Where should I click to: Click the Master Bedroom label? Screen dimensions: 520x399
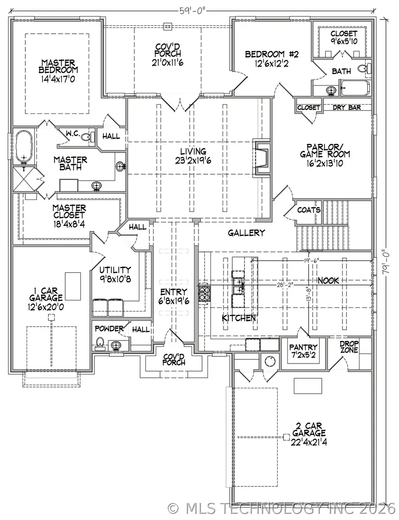58,66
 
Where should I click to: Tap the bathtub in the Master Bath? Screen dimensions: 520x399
23,147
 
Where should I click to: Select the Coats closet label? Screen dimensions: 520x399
309,210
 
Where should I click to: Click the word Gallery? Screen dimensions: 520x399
246,233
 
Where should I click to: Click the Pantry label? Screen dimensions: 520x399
303,347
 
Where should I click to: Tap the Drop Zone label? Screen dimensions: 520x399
349,347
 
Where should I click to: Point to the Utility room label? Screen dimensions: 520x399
115,270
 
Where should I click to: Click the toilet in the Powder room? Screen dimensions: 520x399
100,343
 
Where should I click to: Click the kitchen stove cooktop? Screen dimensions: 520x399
205,294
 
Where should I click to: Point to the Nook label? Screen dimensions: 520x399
329,281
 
